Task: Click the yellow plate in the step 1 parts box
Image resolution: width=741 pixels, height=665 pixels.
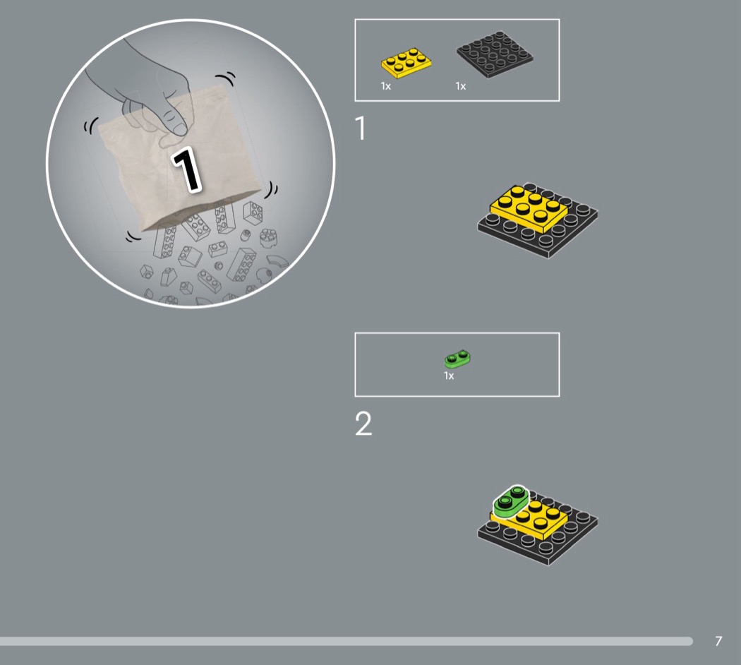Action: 406,63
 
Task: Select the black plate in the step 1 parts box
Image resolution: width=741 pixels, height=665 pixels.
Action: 495,54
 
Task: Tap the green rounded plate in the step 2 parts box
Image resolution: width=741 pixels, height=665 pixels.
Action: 457,359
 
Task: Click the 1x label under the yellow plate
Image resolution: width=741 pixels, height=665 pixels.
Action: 385,86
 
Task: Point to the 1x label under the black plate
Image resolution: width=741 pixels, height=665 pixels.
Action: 461,86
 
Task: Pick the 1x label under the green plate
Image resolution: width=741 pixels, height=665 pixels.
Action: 449,376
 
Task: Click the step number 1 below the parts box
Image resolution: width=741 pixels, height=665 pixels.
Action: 361,128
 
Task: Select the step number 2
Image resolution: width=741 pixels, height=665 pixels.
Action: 363,424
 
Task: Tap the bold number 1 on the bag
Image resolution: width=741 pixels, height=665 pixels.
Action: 187,169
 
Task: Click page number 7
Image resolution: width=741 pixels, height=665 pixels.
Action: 718,641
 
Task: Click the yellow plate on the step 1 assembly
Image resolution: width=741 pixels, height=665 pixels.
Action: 529,208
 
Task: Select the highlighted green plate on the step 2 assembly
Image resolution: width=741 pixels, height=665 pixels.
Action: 511,502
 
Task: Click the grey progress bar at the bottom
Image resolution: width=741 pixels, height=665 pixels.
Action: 346,642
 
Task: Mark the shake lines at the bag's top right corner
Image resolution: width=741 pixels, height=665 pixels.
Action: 226,78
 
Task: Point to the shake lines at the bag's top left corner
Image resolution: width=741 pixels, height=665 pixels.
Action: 91,126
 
